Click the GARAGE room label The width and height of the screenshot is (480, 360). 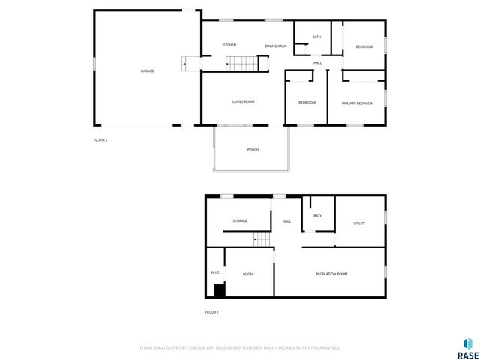coord(147,71)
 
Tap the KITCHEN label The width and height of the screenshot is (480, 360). coord(229,46)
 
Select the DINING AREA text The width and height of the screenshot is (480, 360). coord(275,46)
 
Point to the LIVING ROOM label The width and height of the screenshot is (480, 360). coord(243,101)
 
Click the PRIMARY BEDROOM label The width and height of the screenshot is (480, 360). coord(357,103)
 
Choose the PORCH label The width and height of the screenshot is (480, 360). coord(253,150)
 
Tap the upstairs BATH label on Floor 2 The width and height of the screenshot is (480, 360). coord(316,37)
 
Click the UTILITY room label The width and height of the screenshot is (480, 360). coord(359,223)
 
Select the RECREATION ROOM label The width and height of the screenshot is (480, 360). coord(331,274)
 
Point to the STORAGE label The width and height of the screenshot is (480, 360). coord(240,221)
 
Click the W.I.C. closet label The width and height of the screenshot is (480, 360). coord(214,272)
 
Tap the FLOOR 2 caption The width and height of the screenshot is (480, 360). coord(100,140)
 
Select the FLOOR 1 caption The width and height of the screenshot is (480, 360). coord(211,312)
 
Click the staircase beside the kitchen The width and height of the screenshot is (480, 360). coord(242,64)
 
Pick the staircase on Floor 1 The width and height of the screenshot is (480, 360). coord(262,239)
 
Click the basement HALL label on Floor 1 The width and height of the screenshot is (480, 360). coord(286,222)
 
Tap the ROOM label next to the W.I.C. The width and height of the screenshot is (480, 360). coord(248,274)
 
